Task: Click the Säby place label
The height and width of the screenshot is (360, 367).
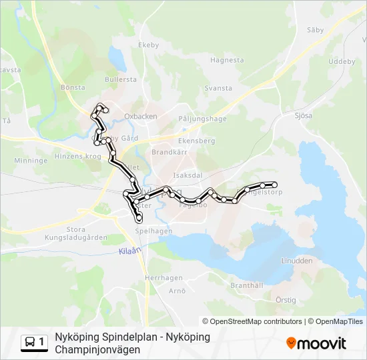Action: coord(315,30)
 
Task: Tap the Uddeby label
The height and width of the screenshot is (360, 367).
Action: coord(342,61)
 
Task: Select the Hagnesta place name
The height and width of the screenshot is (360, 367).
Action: coord(227,59)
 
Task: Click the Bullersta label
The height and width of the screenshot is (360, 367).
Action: coord(120,79)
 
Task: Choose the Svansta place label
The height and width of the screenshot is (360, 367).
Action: coord(218,88)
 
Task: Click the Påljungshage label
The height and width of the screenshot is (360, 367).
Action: coord(202,119)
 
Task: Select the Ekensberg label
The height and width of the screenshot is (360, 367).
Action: coord(196,141)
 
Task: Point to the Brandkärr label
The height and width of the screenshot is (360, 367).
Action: coord(167,152)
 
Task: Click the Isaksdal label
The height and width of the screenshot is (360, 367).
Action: coord(188,175)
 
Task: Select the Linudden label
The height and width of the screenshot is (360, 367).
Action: coord(296,261)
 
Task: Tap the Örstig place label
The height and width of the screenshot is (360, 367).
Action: coord(286,301)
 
